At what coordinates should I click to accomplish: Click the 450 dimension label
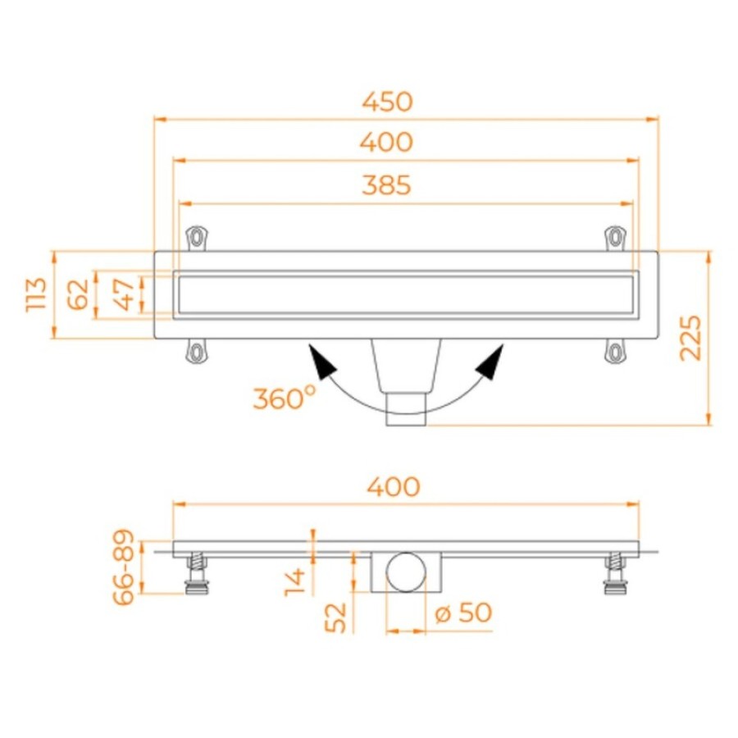[x=387, y=102]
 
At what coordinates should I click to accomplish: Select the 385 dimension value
[x=387, y=185]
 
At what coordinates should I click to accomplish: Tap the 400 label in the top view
[x=387, y=142]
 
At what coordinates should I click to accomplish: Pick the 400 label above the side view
[x=394, y=486]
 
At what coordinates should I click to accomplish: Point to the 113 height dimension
[x=37, y=294]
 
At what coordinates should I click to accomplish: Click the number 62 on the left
[x=78, y=294]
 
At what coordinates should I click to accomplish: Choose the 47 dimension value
[x=125, y=294]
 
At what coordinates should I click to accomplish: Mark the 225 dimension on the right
[x=690, y=338]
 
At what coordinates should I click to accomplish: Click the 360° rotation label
[x=285, y=399]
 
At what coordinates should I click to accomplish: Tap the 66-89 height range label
[x=124, y=567]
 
